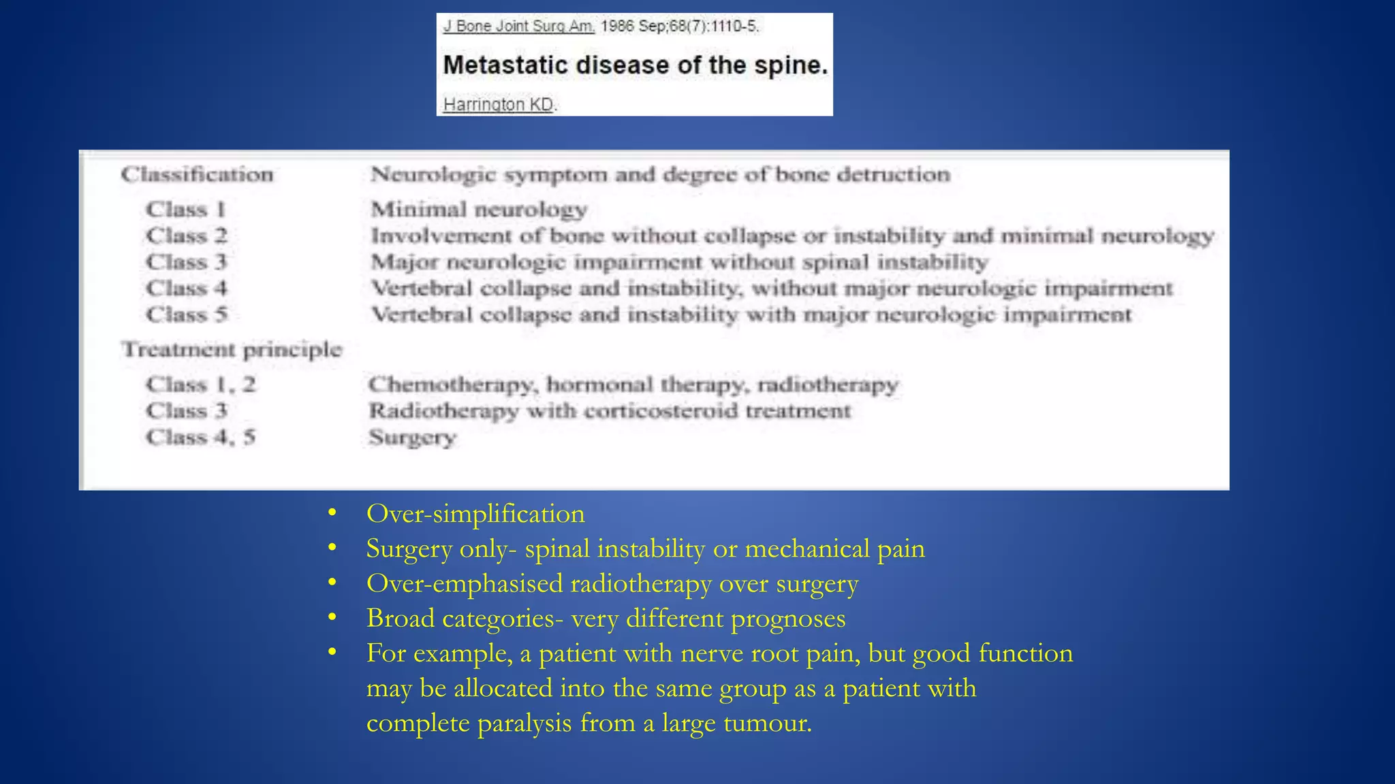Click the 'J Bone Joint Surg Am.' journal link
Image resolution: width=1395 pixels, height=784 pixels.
tap(518, 27)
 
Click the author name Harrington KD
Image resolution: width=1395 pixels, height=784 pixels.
tap(498, 104)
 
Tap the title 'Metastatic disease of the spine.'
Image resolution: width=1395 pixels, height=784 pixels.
tap(635, 65)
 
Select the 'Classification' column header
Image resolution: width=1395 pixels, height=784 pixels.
tap(197, 174)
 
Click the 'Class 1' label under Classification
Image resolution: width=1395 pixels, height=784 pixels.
tap(185, 209)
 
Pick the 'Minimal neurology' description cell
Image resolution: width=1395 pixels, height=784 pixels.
tap(478, 209)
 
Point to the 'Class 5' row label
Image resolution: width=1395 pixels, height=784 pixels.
tap(186, 314)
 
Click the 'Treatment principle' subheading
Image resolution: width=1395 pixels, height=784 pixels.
tap(232, 349)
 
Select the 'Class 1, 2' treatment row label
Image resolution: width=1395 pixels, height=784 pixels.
tap(200, 385)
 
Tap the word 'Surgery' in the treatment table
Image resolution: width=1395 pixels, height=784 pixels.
tap(412, 438)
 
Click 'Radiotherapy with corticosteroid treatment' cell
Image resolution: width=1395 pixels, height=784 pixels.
tap(610, 411)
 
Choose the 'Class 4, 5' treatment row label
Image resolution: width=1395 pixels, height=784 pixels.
tap(200, 437)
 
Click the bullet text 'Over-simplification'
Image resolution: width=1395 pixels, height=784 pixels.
tap(475, 514)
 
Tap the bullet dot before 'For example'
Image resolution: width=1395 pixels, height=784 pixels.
tap(332, 653)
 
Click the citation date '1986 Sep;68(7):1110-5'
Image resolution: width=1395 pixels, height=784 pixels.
tap(679, 27)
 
